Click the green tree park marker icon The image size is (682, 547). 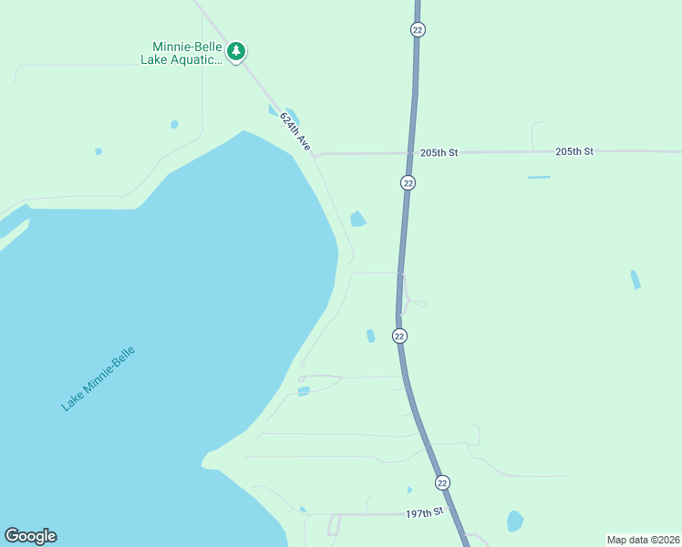[237, 51]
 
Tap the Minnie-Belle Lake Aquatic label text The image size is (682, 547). [182, 54]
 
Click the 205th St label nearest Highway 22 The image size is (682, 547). [439, 152]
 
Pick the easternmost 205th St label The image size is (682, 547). [574, 150]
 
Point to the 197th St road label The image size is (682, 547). [424, 513]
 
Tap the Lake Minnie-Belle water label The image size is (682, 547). [98, 378]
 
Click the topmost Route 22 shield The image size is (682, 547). [418, 29]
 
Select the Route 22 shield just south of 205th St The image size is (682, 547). [408, 182]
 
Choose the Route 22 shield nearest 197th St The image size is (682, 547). [442, 481]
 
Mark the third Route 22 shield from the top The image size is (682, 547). [399, 335]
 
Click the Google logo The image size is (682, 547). [30, 536]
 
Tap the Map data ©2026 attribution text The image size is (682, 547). [643, 539]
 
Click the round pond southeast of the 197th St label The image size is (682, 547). [515, 521]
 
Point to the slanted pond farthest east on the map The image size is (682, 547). [635, 280]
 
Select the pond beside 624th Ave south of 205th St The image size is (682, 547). [357, 219]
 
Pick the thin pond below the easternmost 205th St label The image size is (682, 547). [539, 177]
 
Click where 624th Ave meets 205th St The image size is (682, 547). [315, 155]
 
